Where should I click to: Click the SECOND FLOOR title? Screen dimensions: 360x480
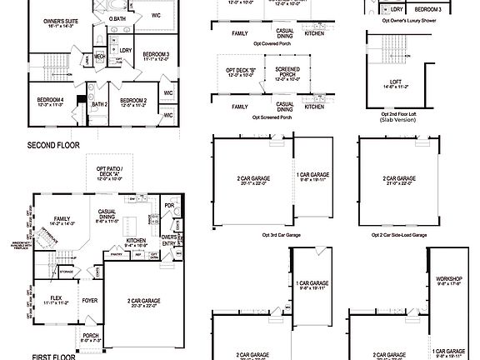coord(52,144)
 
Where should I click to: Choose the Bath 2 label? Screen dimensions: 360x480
coord(100,104)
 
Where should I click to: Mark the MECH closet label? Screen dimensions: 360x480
coord(99,56)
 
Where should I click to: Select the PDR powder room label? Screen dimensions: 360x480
coord(169,205)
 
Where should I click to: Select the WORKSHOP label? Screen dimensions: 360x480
coord(448,281)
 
